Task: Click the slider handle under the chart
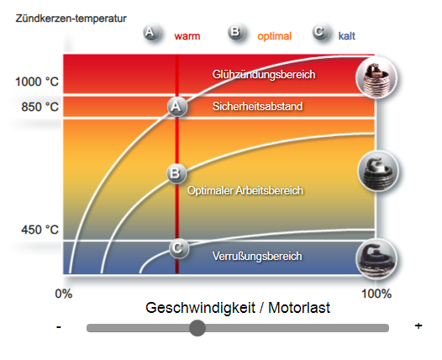[x=197, y=328]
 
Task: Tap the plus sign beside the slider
[x=418, y=326]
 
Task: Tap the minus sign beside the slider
[x=59, y=327]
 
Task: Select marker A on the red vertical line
[x=176, y=107]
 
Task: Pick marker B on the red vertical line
[x=176, y=173]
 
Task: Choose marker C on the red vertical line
[x=178, y=248]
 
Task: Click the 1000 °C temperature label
[x=37, y=82]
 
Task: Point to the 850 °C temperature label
[x=40, y=107]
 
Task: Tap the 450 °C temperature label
[x=40, y=230]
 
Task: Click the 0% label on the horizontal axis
[x=64, y=294]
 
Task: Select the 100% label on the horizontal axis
[x=376, y=294]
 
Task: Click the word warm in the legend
[x=187, y=36]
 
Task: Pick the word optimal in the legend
[x=274, y=36]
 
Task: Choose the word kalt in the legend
[x=347, y=36]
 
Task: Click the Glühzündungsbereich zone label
[x=264, y=75]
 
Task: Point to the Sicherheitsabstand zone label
[x=257, y=106]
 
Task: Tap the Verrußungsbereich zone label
[x=257, y=257]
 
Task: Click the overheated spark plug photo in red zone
[x=376, y=77]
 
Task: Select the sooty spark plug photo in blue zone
[x=376, y=259]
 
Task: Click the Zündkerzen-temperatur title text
[x=71, y=19]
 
